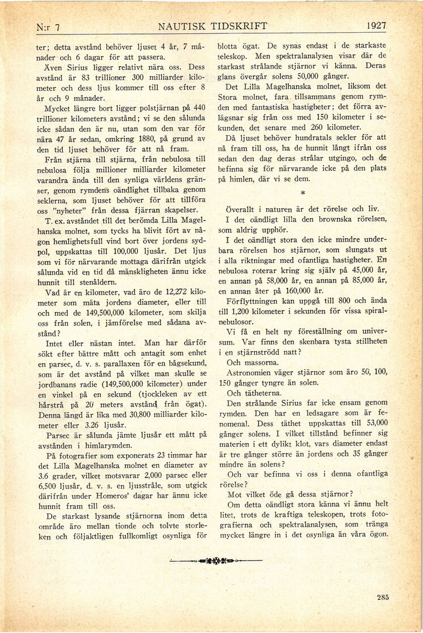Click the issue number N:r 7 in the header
click(48, 27)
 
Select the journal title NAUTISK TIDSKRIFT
click(212, 26)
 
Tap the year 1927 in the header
click(376, 26)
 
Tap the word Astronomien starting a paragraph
click(255, 373)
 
